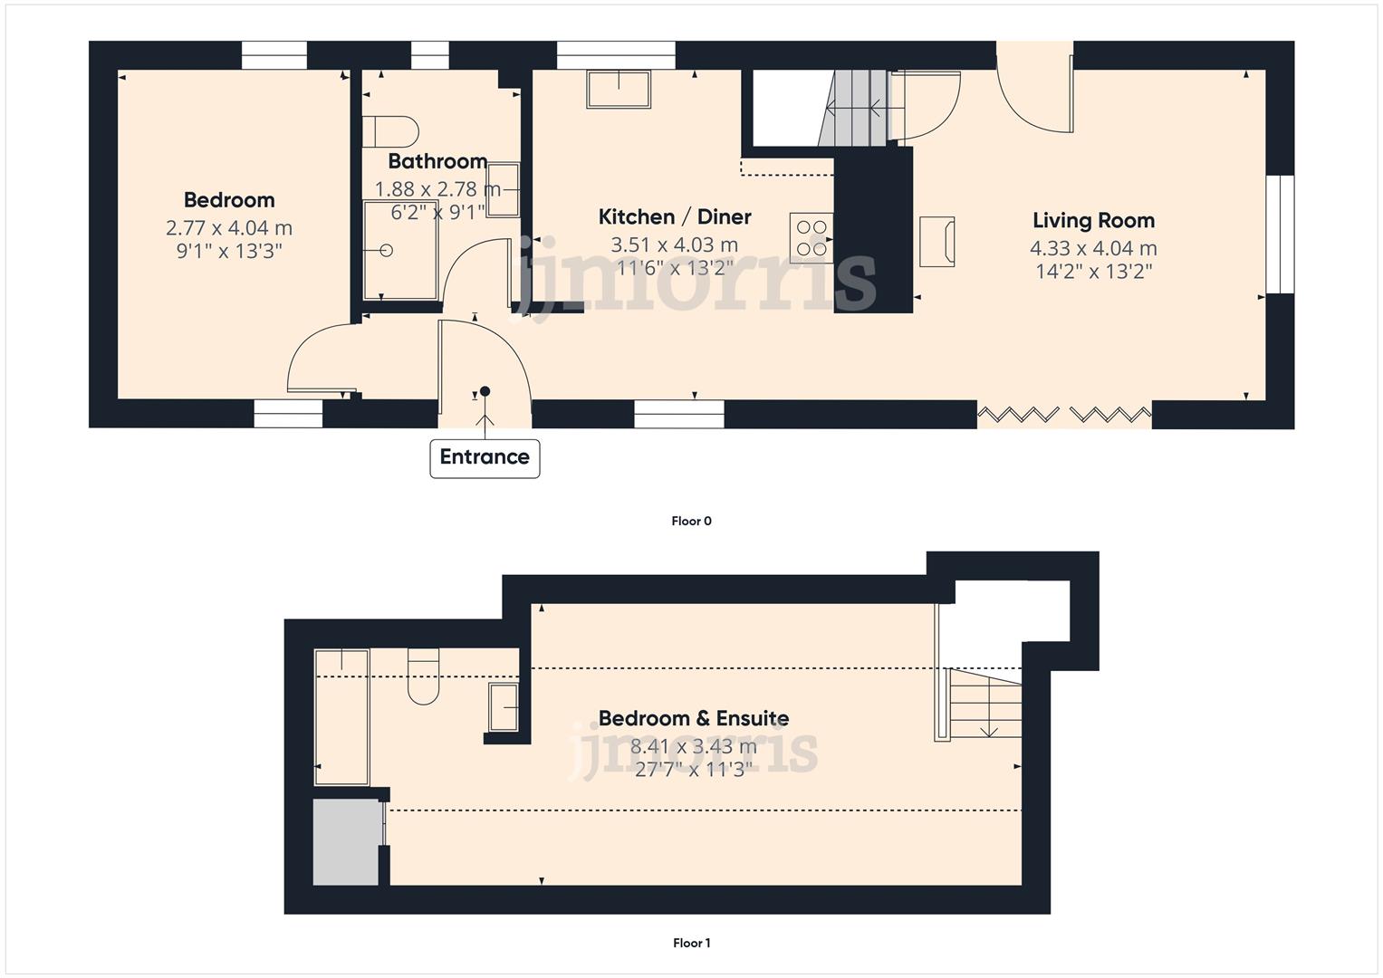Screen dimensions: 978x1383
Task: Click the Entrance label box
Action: pyautogui.click(x=485, y=457)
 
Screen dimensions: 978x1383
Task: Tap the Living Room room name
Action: pyautogui.click(x=1093, y=221)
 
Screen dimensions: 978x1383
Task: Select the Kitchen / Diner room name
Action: pyautogui.click(x=675, y=217)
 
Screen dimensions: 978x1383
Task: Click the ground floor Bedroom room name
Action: pyautogui.click(x=229, y=200)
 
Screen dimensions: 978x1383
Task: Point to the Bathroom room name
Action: pyautogui.click(x=437, y=162)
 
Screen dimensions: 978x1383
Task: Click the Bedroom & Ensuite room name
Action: pyautogui.click(x=693, y=719)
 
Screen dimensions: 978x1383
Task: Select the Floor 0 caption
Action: pyautogui.click(x=691, y=522)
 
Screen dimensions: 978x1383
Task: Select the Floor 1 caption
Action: pyautogui.click(x=691, y=944)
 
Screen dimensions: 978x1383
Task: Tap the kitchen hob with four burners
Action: pyautogui.click(x=812, y=237)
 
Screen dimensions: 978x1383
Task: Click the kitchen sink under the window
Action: pyautogui.click(x=619, y=90)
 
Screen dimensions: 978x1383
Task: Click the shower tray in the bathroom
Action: pyautogui.click(x=399, y=251)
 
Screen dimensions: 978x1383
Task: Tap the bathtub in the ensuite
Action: pyautogui.click(x=341, y=716)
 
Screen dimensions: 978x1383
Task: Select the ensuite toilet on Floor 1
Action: pyautogui.click(x=423, y=676)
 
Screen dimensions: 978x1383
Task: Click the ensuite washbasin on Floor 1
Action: pyautogui.click(x=504, y=707)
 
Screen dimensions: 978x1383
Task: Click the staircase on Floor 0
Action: pyautogui.click(x=854, y=109)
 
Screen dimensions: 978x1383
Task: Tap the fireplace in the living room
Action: pyautogui.click(x=937, y=241)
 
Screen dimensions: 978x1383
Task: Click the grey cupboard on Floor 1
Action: pyautogui.click(x=345, y=842)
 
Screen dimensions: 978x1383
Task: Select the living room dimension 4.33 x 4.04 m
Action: pyautogui.click(x=1093, y=248)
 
